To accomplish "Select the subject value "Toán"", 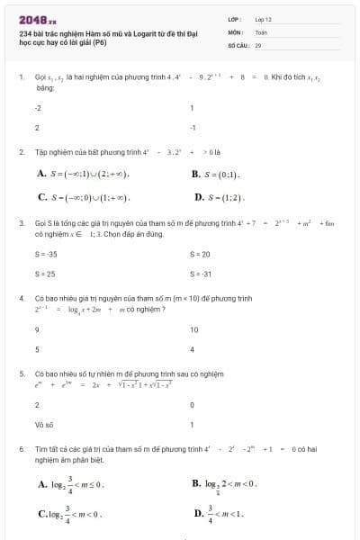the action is click(261, 31).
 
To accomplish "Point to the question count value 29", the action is click(257, 44).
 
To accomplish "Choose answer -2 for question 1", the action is click(38, 108).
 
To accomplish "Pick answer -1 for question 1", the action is click(193, 128).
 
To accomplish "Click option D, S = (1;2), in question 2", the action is click(220, 196).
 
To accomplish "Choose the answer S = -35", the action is click(44, 255).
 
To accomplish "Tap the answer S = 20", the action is click(199, 255).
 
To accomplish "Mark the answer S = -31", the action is click(200, 274).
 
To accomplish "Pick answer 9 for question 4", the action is click(36, 330).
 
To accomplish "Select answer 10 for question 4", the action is click(193, 330).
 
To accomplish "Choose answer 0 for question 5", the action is click(193, 406).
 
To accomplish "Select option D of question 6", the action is click(220, 515).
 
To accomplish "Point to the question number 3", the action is click(21, 221).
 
